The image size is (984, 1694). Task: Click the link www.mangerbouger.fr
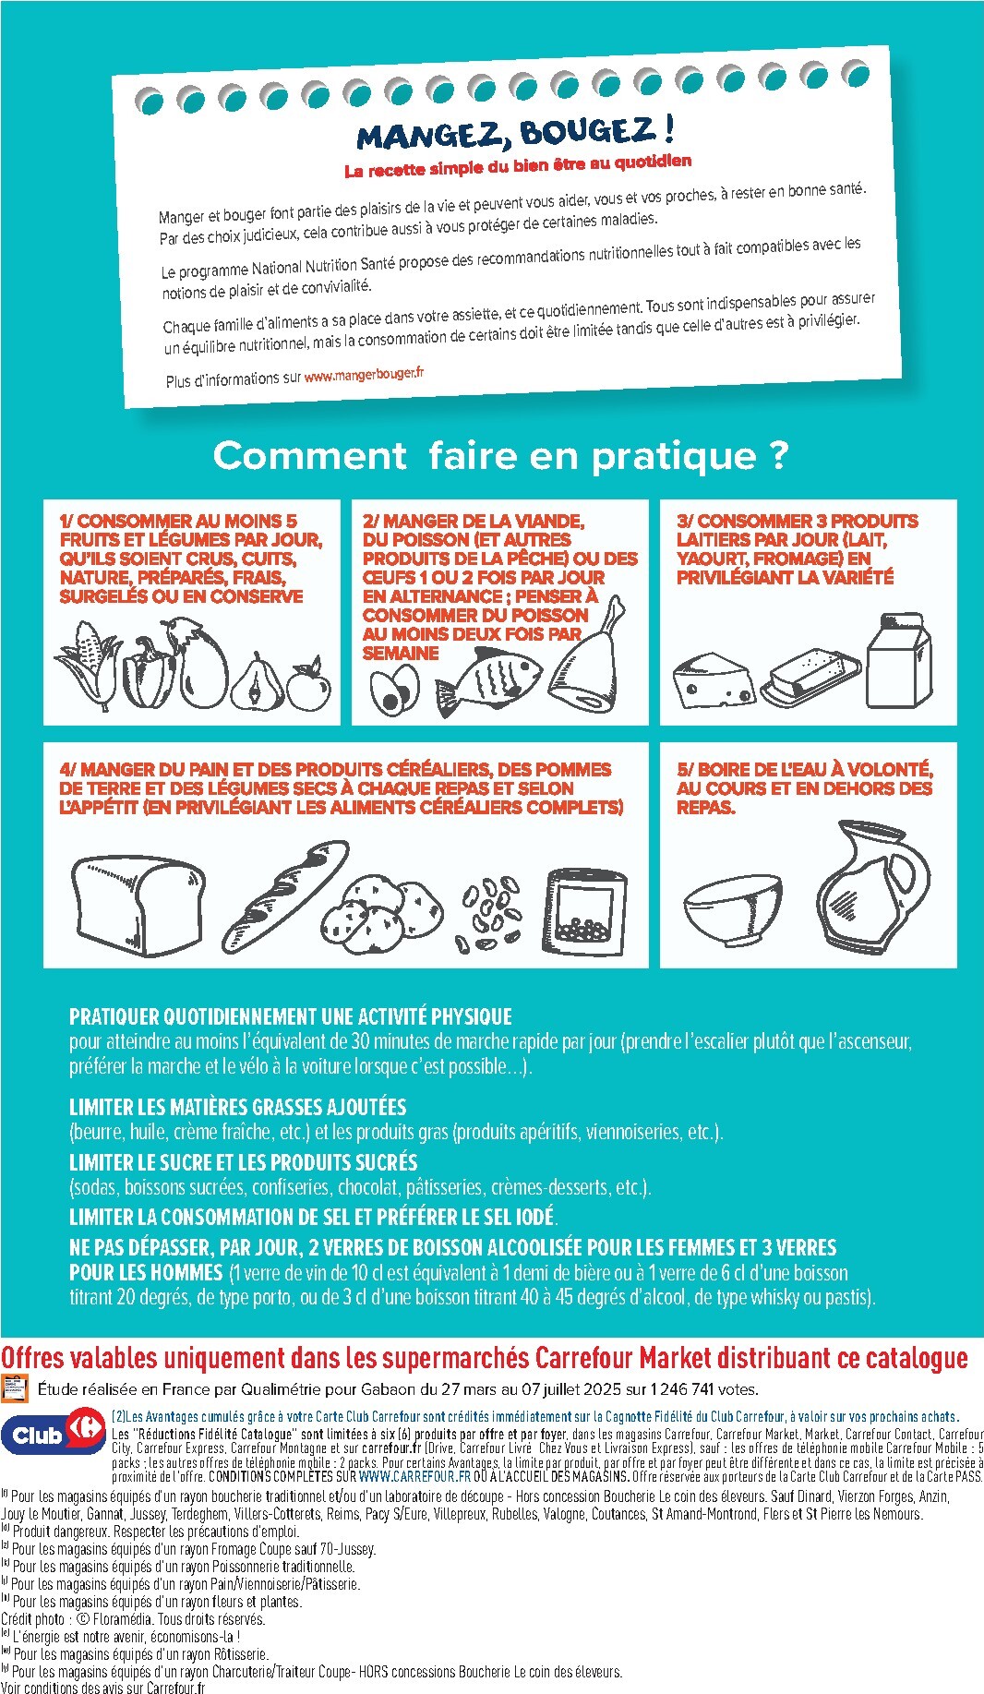[364, 374]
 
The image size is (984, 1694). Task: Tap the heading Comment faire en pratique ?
[500, 455]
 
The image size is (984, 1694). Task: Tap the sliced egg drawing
[394, 691]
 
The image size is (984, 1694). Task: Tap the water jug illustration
[871, 886]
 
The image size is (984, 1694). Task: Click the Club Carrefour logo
[54, 1435]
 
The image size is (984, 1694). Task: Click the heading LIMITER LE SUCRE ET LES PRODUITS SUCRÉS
[243, 1162]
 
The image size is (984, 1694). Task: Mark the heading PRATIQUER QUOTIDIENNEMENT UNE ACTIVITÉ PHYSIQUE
[290, 1016]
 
